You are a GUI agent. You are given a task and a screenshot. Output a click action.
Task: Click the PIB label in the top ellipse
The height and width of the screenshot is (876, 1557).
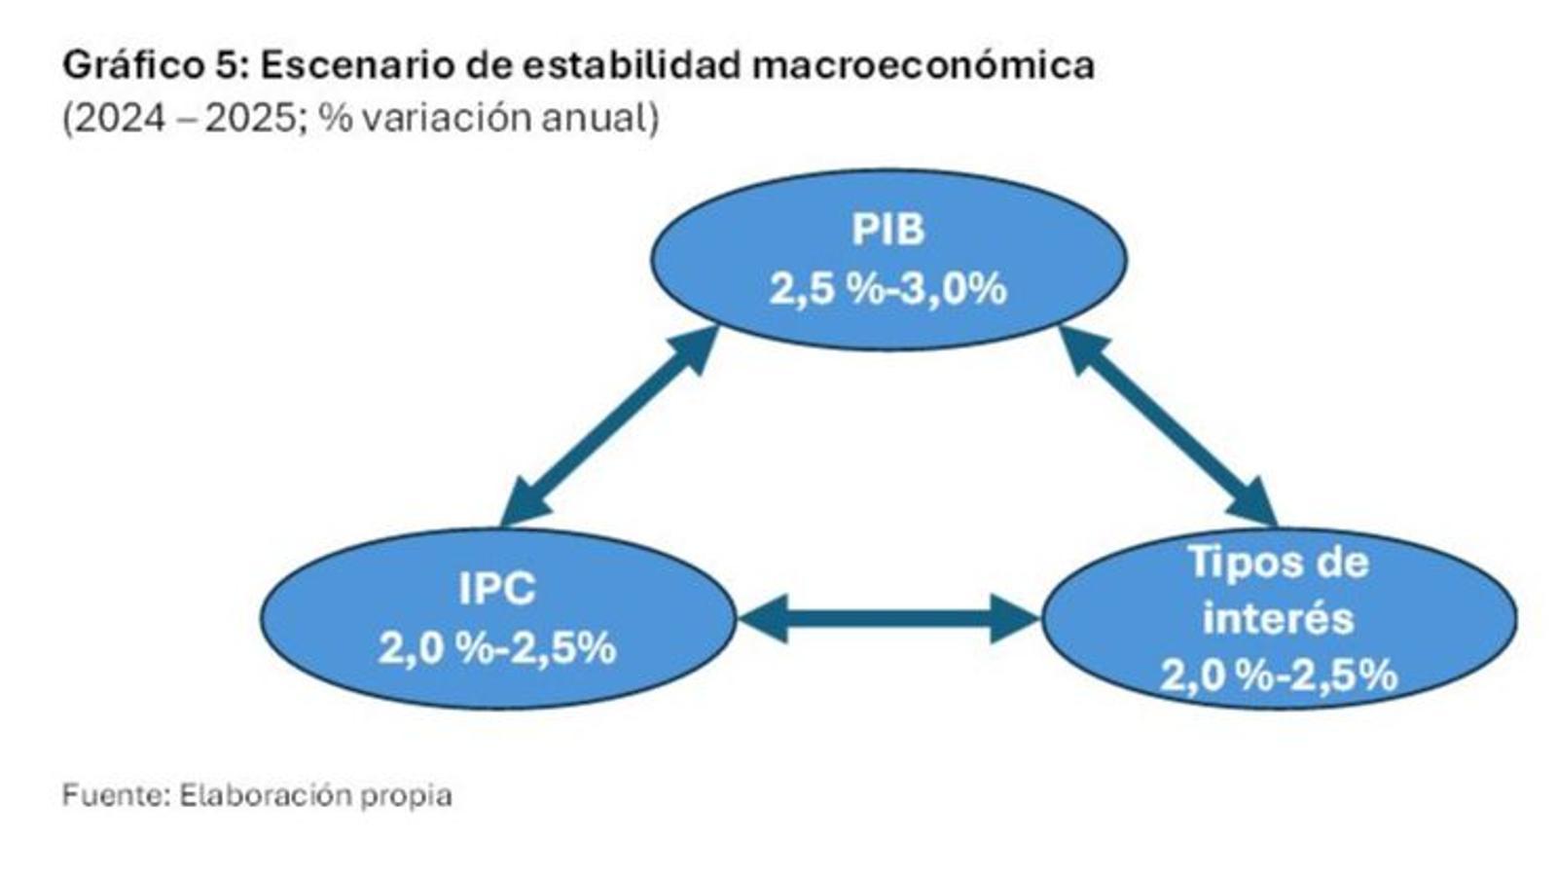[x=888, y=230]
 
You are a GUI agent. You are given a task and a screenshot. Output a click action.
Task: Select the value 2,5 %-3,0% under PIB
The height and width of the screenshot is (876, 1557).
[x=887, y=288]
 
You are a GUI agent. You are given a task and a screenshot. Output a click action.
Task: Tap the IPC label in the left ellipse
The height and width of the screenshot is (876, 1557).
[x=497, y=588]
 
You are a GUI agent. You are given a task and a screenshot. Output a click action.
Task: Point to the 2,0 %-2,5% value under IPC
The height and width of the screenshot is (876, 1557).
[x=497, y=648]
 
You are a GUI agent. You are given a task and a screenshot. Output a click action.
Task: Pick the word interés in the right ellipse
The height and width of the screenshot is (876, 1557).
[x=1279, y=617]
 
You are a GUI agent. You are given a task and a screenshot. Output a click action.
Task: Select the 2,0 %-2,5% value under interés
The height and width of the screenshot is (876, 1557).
[x=1279, y=675]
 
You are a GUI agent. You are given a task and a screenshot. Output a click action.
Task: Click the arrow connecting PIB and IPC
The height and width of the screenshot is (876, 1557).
[x=609, y=426]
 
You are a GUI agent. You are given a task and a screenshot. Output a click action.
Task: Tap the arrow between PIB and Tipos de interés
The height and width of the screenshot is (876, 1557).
[x=1169, y=426]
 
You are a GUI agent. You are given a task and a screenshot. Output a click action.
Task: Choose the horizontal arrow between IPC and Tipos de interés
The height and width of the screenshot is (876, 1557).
[x=888, y=618]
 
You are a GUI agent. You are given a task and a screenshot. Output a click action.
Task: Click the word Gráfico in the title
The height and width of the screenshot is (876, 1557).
[x=130, y=67]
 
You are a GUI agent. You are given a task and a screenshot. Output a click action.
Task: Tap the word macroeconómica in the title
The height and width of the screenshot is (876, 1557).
[x=923, y=66]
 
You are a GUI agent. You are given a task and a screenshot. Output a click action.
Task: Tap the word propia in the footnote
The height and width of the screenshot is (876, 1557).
[x=406, y=797]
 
